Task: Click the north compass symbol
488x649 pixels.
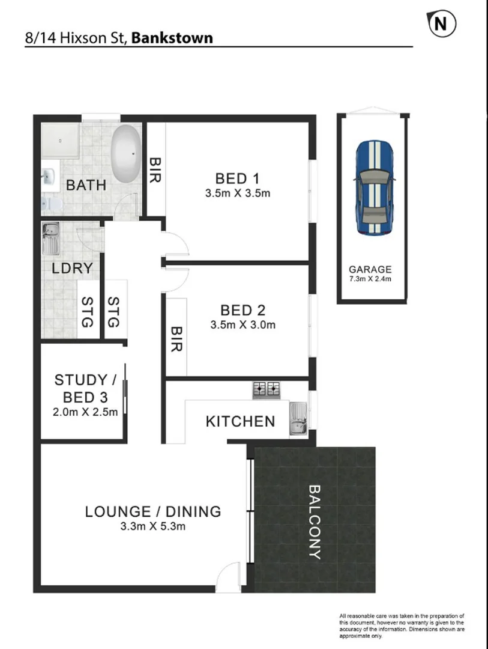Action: tap(441, 23)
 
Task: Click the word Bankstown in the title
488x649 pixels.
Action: tap(172, 38)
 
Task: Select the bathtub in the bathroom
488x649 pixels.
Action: tap(125, 154)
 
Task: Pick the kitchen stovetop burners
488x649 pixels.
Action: tap(267, 389)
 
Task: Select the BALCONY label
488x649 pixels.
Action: tap(315, 522)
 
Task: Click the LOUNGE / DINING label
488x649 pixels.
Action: tap(153, 512)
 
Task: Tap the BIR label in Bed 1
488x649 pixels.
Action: tap(155, 171)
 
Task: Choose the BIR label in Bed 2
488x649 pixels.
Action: tap(176, 340)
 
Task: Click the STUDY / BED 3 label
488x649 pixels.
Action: tap(85, 388)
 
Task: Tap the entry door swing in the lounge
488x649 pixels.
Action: tap(228, 577)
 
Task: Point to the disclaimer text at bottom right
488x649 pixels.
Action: tap(402, 625)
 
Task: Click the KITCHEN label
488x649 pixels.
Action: tap(240, 421)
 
